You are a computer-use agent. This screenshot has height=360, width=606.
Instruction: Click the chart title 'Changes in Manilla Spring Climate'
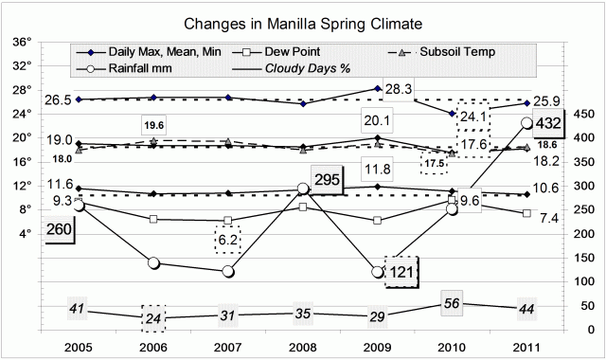tap(302, 21)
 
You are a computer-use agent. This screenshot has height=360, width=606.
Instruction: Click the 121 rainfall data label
tap(401, 271)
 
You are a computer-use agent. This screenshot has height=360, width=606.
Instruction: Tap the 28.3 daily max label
tap(400, 89)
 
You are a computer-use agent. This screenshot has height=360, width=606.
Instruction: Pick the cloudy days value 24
tap(154, 317)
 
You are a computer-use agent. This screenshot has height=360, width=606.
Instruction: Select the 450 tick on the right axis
tap(583, 114)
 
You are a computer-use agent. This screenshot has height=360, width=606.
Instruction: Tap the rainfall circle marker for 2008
tap(302, 189)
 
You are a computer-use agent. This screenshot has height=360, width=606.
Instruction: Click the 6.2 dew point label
tap(227, 241)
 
